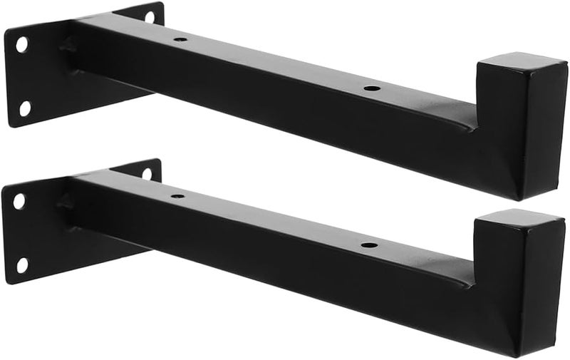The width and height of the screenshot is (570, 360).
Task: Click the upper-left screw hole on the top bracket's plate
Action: [x=21, y=45]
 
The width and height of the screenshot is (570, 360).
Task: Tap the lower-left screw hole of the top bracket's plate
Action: [x=24, y=108]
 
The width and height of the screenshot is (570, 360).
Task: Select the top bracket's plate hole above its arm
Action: [x=150, y=16]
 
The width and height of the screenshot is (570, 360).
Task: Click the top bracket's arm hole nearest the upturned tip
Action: [x=370, y=89]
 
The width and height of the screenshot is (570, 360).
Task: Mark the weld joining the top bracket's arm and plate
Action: [x=70, y=46]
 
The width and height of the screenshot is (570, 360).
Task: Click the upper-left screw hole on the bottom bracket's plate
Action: [x=19, y=201]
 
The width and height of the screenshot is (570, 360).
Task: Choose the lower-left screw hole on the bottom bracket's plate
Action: [x=22, y=265]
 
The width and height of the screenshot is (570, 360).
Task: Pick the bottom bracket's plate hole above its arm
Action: [x=147, y=173]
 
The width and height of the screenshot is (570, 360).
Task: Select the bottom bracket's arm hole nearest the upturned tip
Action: [x=369, y=245]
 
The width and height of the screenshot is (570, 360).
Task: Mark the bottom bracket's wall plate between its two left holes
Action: [x=21, y=233]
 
